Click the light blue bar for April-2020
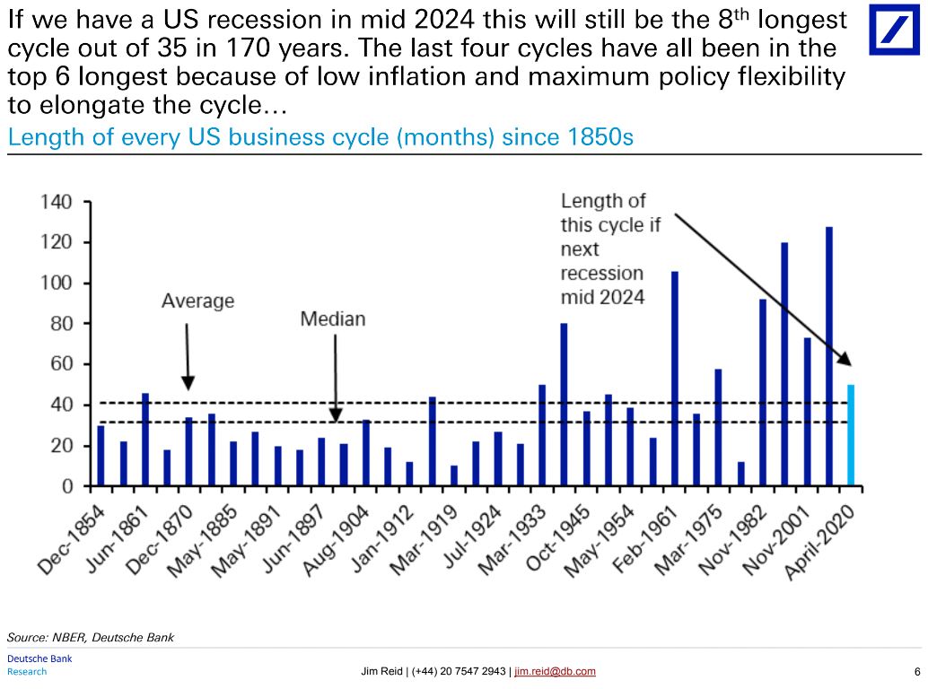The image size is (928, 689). pyautogui.click(x=851, y=436)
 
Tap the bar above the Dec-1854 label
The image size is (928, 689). pyautogui.click(x=101, y=457)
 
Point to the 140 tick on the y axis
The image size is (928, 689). pyautogui.click(x=57, y=202)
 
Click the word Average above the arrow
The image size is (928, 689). pyautogui.click(x=197, y=301)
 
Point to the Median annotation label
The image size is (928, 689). pyautogui.click(x=333, y=319)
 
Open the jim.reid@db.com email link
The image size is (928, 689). pyautogui.click(x=555, y=672)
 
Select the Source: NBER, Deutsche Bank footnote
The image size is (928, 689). pyautogui.click(x=91, y=637)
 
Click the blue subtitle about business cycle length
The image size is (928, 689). pyautogui.click(x=320, y=139)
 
